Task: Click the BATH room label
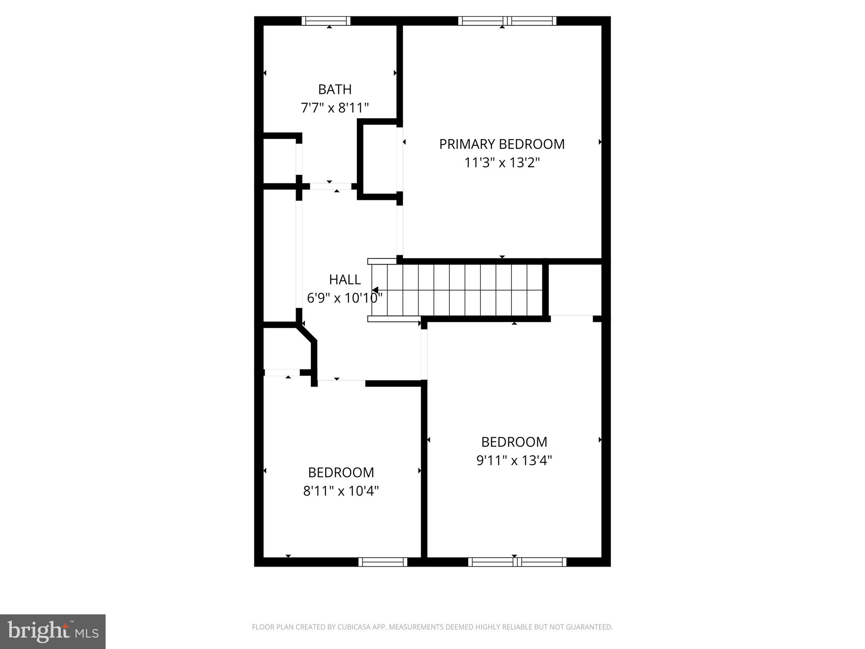[335, 90]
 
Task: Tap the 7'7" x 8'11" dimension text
[335, 108]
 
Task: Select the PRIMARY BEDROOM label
[502, 145]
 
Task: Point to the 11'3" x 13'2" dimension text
[502, 163]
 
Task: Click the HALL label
[345, 280]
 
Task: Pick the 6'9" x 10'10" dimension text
[345, 298]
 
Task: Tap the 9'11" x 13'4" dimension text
[514, 460]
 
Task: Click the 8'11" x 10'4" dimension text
[341, 491]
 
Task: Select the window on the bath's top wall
[326, 21]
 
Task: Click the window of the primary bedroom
[507, 21]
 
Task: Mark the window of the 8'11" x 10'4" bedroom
[383, 562]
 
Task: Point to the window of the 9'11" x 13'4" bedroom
[517, 562]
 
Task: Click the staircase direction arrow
[375, 290]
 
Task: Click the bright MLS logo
[53, 631]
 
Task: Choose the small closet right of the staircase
[575, 290]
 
